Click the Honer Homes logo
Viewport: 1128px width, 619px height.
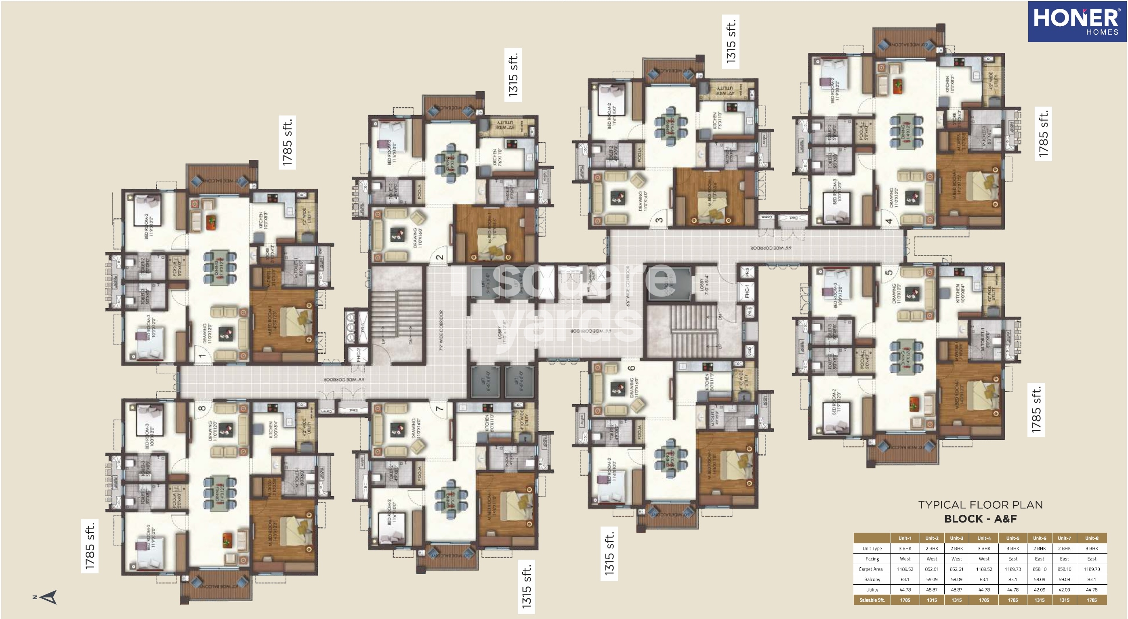click(x=1076, y=21)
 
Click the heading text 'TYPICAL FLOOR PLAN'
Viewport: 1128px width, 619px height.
click(x=980, y=505)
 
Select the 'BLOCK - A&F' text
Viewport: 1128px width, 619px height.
click(x=980, y=519)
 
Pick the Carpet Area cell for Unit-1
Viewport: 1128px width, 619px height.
click(x=905, y=569)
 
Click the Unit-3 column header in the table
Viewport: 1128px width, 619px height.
click(x=956, y=538)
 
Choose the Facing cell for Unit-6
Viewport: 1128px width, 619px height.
click(x=1039, y=558)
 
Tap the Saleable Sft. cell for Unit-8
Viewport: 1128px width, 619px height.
click(x=1091, y=600)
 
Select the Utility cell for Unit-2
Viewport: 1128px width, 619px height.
click(x=931, y=590)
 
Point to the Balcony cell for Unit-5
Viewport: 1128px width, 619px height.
click(x=1012, y=579)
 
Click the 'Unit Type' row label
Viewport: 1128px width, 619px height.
click(x=872, y=548)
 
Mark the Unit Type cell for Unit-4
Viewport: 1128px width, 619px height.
click(x=983, y=548)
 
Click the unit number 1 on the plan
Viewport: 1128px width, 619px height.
click(x=202, y=355)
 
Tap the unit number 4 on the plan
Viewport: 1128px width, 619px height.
click(x=889, y=220)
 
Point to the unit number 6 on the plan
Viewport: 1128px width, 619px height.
click(x=631, y=368)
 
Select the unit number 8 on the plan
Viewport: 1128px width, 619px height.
click(x=202, y=408)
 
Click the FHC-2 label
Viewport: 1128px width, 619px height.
click(x=358, y=354)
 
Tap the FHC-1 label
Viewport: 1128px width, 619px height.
click(x=747, y=290)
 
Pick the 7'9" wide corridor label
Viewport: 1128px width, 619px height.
click(x=441, y=331)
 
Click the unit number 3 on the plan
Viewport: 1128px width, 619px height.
click(x=659, y=220)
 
